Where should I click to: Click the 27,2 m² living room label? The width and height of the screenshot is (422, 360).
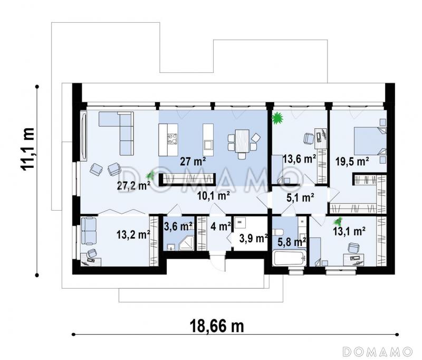(x=133, y=186)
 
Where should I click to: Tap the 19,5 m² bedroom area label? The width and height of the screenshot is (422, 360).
(x=352, y=162)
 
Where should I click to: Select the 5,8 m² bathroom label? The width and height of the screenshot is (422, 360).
(x=292, y=242)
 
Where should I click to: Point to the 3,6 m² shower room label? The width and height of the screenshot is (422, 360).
(x=178, y=226)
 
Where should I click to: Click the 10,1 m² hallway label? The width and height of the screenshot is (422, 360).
(x=214, y=196)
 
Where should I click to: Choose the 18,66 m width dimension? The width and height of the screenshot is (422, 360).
(x=217, y=326)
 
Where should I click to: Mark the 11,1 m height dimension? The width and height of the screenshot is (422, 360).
(x=28, y=148)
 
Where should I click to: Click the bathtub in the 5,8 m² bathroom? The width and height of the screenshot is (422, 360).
(x=290, y=258)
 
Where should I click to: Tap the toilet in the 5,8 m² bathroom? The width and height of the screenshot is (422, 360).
(x=277, y=232)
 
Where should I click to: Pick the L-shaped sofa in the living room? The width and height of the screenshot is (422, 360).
(x=116, y=133)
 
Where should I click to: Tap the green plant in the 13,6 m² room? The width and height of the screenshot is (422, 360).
(x=277, y=118)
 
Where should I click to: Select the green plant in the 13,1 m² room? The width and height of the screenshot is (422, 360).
(x=338, y=222)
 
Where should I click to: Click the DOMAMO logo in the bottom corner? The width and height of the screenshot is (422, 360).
(x=378, y=351)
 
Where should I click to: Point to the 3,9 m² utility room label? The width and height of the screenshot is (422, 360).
(x=253, y=238)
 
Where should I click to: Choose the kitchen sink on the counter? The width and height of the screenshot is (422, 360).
(x=208, y=145)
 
